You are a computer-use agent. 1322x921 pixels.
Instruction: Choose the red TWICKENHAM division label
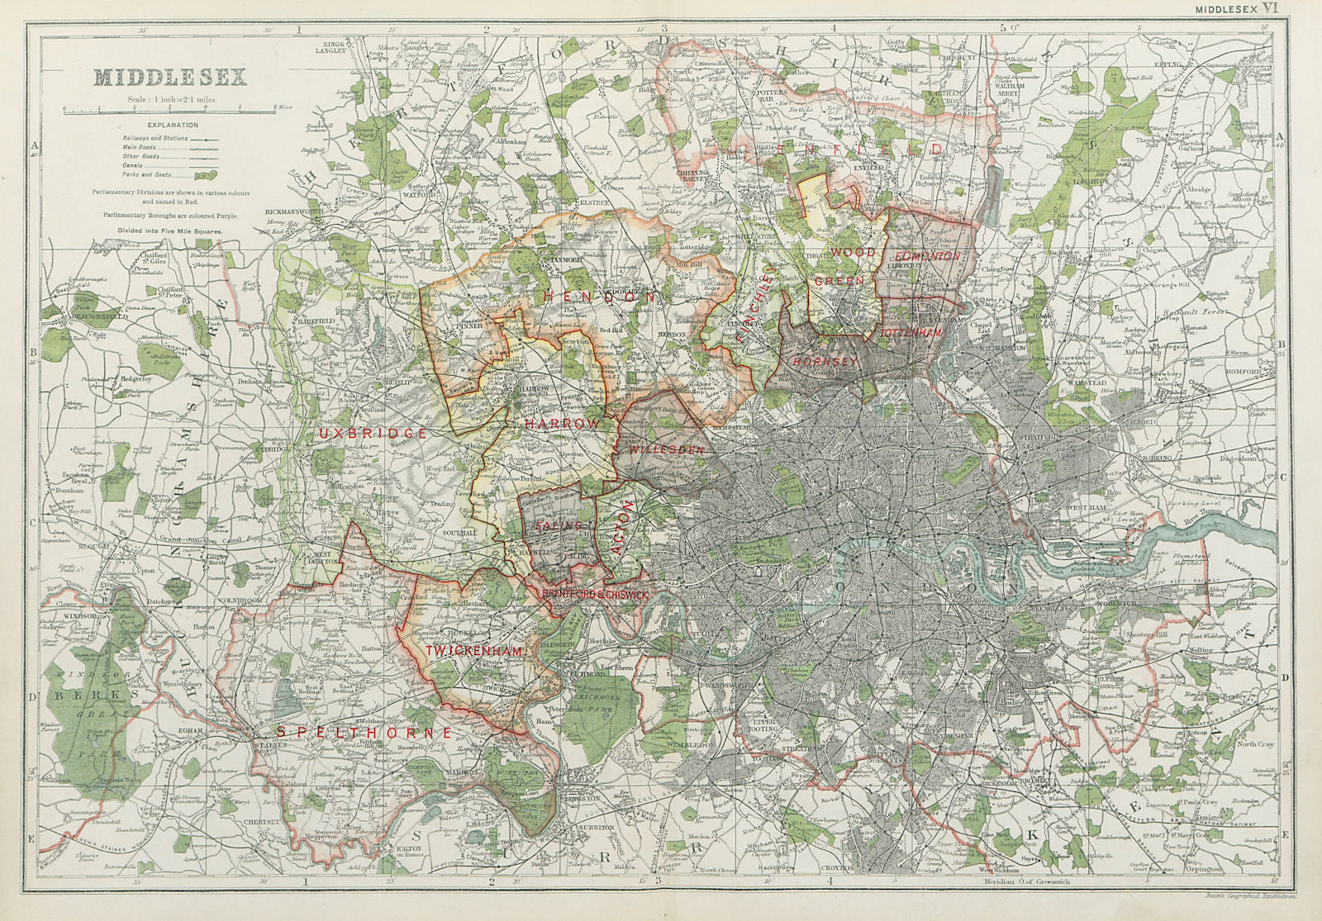474,652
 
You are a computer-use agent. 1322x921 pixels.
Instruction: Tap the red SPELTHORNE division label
364,733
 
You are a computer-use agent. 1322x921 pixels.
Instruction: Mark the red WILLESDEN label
666,450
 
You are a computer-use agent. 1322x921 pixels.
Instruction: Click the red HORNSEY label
816,362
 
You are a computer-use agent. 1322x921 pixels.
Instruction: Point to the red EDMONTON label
928,257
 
